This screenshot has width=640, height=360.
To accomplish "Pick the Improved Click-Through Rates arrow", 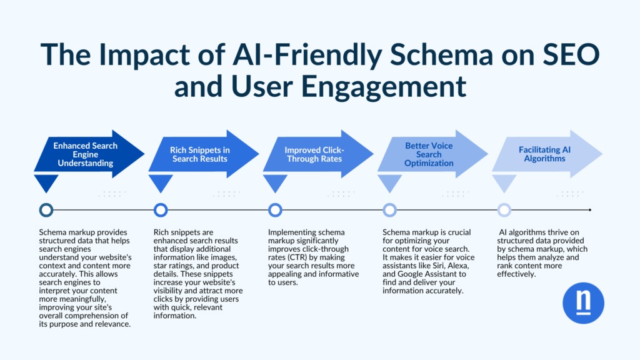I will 314,154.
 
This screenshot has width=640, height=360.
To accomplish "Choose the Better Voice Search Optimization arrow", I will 428,154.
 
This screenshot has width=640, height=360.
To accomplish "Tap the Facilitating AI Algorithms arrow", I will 542,154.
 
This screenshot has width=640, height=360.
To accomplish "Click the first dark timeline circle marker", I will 46,210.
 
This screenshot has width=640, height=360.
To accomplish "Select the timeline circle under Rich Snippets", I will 161,210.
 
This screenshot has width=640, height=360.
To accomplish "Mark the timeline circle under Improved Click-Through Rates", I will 275,210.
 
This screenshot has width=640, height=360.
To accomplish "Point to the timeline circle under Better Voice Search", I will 389,210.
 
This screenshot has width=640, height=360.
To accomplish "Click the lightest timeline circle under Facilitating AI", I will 504,210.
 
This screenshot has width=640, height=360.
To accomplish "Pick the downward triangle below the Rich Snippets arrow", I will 161,183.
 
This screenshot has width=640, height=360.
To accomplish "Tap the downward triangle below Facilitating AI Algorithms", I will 504,183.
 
